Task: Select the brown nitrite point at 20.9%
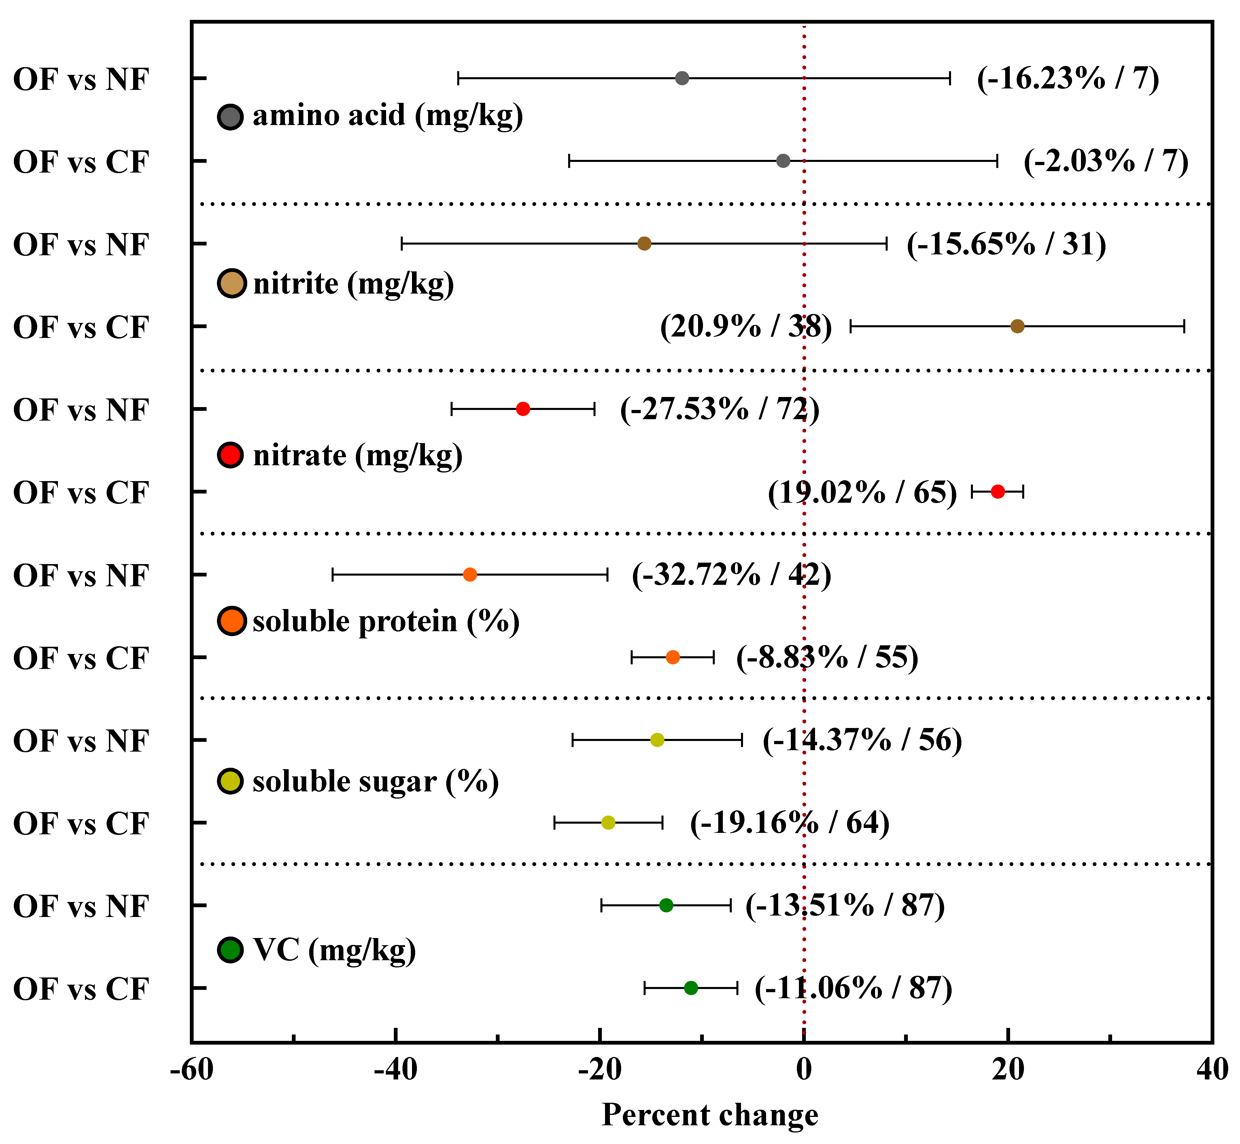(x=1017, y=326)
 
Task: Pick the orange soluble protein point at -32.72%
(x=470, y=574)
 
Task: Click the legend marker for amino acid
(x=231, y=116)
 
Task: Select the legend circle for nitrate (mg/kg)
(x=231, y=455)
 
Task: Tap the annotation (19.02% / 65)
(x=862, y=493)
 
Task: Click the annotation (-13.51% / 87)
(x=845, y=906)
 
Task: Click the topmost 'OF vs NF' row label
(x=81, y=79)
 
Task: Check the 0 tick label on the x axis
(x=804, y=1069)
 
